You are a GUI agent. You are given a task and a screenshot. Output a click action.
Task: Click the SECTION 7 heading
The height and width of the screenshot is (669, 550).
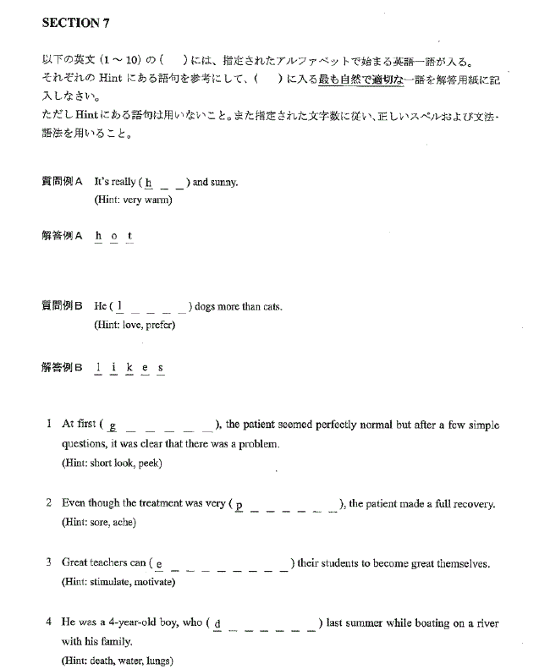[x=75, y=23]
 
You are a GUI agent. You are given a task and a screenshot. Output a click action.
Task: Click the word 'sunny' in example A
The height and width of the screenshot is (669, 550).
[x=224, y=182]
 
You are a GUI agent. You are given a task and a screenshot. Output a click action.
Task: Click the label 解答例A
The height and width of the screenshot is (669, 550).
[x=62, y=236]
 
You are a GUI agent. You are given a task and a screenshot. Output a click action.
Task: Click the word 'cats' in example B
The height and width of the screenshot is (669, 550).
[x=269, y=306]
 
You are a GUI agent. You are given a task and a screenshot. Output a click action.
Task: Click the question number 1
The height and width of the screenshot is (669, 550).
[x=49, y=424]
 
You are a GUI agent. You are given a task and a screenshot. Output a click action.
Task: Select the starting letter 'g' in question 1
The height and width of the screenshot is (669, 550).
[x=112, y=425]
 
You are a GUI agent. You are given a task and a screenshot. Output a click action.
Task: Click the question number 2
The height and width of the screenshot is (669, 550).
[x=49, y=503]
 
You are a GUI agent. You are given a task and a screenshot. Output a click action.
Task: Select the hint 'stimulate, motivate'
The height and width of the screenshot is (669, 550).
[x=118, y=582]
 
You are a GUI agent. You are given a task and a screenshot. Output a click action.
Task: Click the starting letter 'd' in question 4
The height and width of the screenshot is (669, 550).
[x=217, y=624]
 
